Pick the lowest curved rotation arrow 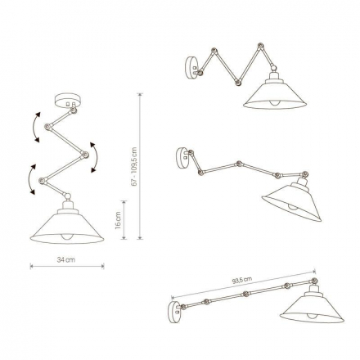click(32, 181)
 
